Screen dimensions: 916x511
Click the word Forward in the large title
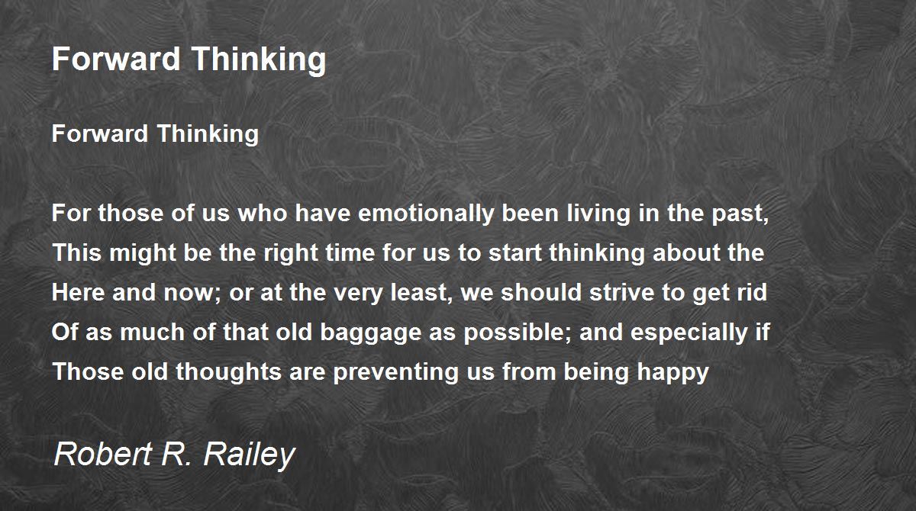coord(117,59)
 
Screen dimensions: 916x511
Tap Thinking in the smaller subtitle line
coord(208,133)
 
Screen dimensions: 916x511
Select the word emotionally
coord(426,214)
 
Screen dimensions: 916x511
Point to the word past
coord(740,214)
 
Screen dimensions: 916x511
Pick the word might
coord(142,253)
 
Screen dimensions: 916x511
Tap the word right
coord(291,253)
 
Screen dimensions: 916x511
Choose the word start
coord(515,253)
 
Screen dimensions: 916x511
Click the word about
coord(687,252)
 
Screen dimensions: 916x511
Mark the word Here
coord(78,292)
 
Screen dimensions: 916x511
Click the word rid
coord(753,292)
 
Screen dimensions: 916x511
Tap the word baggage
coord(371,333)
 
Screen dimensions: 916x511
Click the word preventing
coord(396,372)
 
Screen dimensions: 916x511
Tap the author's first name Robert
coord(103,454)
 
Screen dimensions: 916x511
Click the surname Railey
coord(249,455)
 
